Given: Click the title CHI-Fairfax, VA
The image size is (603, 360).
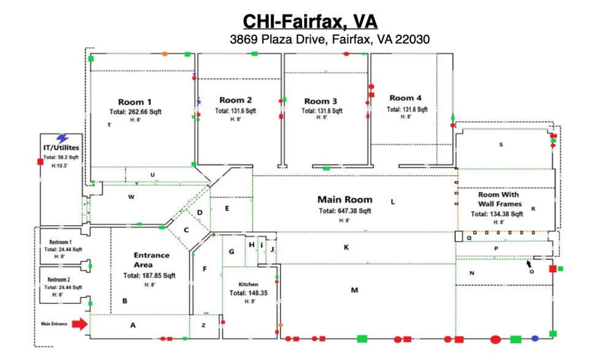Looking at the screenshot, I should coord(310,21).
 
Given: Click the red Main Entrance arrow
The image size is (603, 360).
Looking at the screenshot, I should coord(80,324).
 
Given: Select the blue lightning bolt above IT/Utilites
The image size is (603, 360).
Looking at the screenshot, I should coord(62,139).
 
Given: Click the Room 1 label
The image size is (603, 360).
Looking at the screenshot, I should coord(135,102).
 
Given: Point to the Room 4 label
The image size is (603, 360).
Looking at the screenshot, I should coord(405,98).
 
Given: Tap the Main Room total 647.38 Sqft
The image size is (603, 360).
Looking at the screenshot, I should coord(344,211).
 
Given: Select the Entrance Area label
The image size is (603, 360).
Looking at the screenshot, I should coord(151,259).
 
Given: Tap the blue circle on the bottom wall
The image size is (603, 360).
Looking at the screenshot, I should coord(535,339).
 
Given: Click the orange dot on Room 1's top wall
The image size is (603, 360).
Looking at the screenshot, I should coord(165,54).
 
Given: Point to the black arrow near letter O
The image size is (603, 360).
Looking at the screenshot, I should coord(529,264).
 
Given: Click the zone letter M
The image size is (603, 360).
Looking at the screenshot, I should coord(354,290).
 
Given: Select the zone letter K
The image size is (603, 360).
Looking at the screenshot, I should coord(346,247).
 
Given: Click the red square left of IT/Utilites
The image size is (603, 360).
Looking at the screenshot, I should coord(40,162).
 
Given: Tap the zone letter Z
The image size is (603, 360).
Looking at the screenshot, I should coord(203,325).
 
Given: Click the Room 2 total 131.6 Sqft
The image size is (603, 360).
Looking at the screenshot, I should coord(235,111).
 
